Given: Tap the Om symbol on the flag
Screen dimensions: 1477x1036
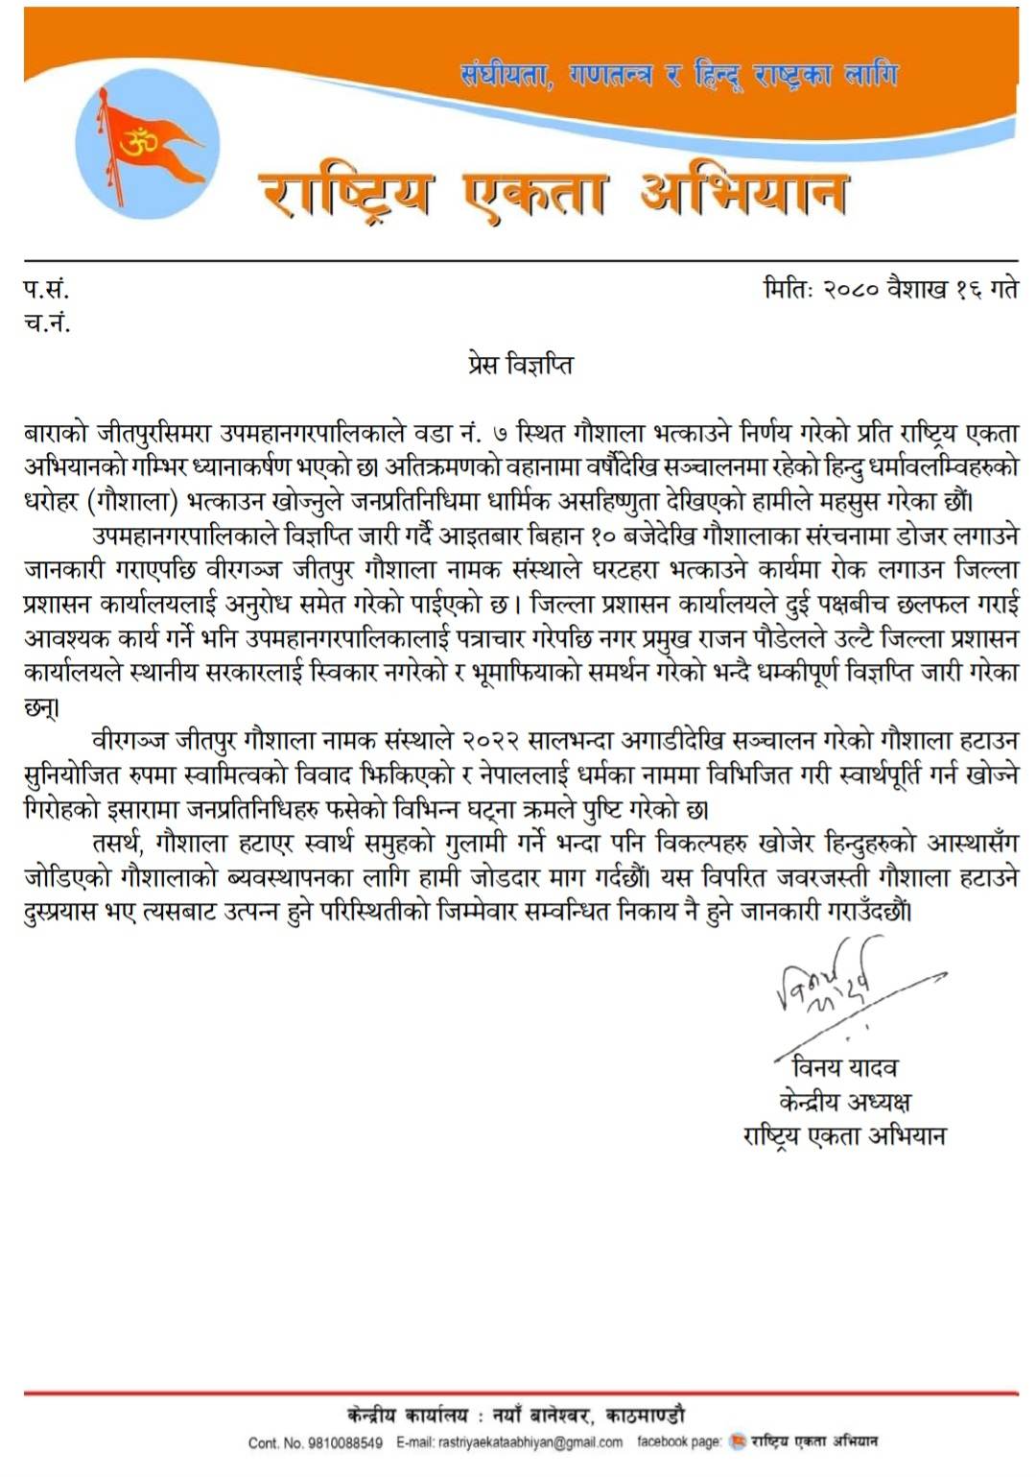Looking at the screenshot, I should (137, 143).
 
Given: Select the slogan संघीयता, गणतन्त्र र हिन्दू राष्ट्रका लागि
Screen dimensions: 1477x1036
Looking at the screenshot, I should (678, 74).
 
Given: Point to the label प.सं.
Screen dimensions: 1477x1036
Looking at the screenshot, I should (46, 288).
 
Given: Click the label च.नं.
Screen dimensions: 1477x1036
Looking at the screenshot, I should (47, 322).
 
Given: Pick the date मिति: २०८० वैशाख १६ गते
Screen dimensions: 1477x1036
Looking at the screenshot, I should (890, 288).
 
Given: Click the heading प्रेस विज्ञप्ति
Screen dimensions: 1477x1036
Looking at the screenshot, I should (520, 365).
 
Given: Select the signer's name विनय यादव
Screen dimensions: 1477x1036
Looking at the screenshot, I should (844, 1067).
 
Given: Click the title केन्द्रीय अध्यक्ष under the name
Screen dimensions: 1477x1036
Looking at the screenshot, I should (844, 1101).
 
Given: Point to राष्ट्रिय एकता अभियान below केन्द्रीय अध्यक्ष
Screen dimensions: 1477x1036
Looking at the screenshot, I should (844, 1136).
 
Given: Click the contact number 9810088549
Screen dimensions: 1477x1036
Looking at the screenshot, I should (342, 1442).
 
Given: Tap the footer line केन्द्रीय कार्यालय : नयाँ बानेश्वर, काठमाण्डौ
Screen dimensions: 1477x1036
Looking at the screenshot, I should (516, 1415).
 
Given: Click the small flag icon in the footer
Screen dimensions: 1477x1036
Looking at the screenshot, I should (737, 1441).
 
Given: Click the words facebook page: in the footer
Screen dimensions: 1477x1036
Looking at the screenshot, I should (678, 1441).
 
